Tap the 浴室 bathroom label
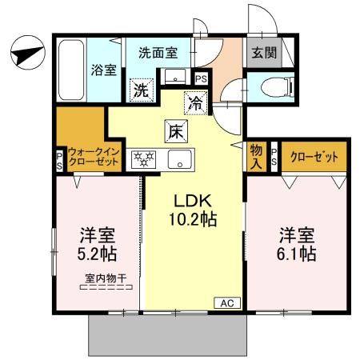[x=103, y=70]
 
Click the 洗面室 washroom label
[x=158, y=54]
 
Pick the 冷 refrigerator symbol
[x=194, y=102]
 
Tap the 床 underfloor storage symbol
[x=175, y=130]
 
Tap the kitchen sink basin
[x=178, y=157]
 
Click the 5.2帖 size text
[x=97, y=254]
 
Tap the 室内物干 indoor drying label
[x=98, y=279]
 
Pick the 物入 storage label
[x=256, y=156]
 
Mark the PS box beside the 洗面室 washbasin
[x=200, y=78]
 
